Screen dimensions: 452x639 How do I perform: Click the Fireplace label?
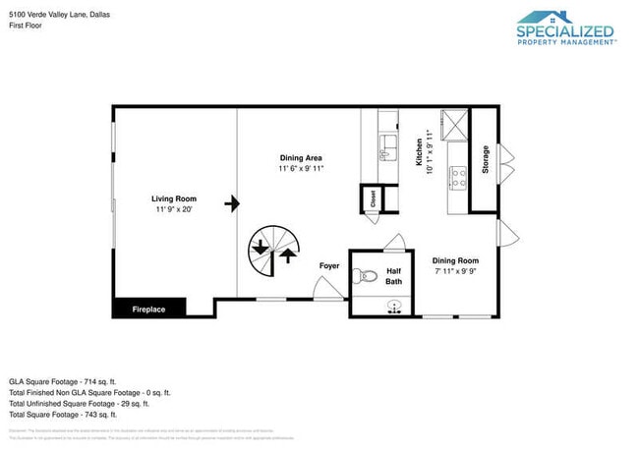[x=148, y=310]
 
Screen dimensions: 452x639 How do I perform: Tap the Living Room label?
[x=173, y=198]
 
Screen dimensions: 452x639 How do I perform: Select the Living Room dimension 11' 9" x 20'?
[x=173, y=209]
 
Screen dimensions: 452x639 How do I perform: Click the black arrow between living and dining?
[x=232, y=204]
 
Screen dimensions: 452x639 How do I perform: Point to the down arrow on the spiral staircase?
[x=261, y=250]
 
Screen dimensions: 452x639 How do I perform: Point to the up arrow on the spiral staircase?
[x=287, y=256]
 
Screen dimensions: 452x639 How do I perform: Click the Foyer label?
[x=329, y=265]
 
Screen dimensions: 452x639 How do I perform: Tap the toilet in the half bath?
[x=366, y=276]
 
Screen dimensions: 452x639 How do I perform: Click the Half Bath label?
[x=393, y=276]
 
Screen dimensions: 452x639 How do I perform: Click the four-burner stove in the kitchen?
[x=457, y=178]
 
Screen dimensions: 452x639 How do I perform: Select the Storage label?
[x=485, y=160]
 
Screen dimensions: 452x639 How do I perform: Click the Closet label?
[x=373, y=198]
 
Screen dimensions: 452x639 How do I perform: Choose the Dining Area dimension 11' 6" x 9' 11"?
[x=301, y=168]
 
